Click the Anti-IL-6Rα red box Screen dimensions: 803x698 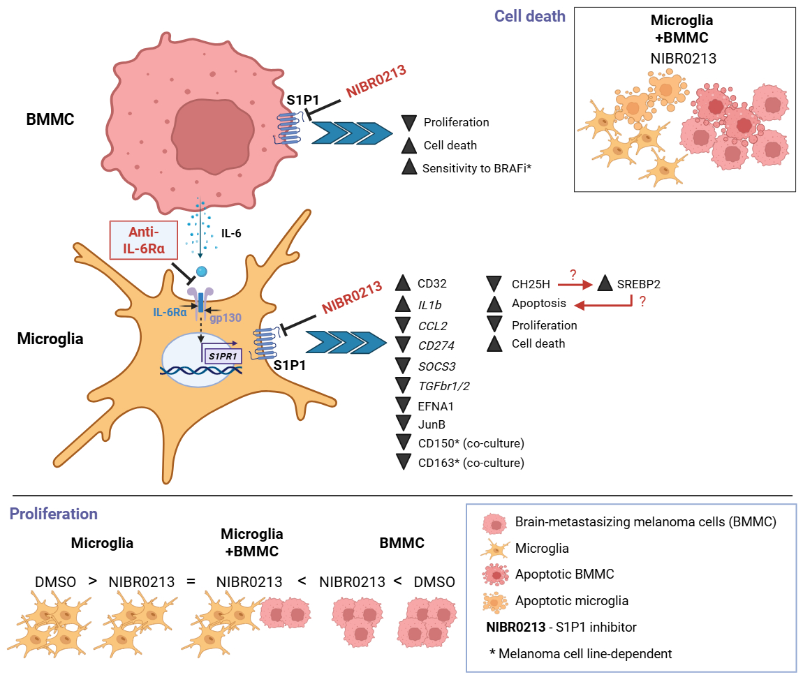[x=144, y=240]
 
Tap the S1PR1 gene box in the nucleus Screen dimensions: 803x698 [x=223, y=357]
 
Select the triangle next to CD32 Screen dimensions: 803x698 [x=403, y=283]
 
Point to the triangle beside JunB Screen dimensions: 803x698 [x=404, y=423]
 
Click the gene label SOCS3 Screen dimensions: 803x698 [x=437, y=366]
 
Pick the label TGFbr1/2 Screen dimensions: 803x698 [x=443, y=386]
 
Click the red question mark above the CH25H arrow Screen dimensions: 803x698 [x=573, y=274]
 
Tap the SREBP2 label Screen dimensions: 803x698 [x=639, y=284]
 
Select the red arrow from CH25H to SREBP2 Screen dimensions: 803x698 [x=575, y=284]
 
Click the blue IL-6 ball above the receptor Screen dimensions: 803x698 [x=202, y=272]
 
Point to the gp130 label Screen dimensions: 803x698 [x=226, y=318]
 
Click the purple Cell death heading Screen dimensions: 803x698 [x=529, y=16]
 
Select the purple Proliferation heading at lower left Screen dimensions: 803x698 [x=53, y=514]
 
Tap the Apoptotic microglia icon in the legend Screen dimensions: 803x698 [x=494, y=601]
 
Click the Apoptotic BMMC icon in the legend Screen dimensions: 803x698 [x=495, y=574]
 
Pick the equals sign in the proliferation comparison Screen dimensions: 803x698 [x=191, y=581]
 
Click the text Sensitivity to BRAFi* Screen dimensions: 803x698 [x=477, y=168]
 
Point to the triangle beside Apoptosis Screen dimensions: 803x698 [x=494, y=304]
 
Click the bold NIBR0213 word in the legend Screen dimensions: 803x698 [x=516, y=628]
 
